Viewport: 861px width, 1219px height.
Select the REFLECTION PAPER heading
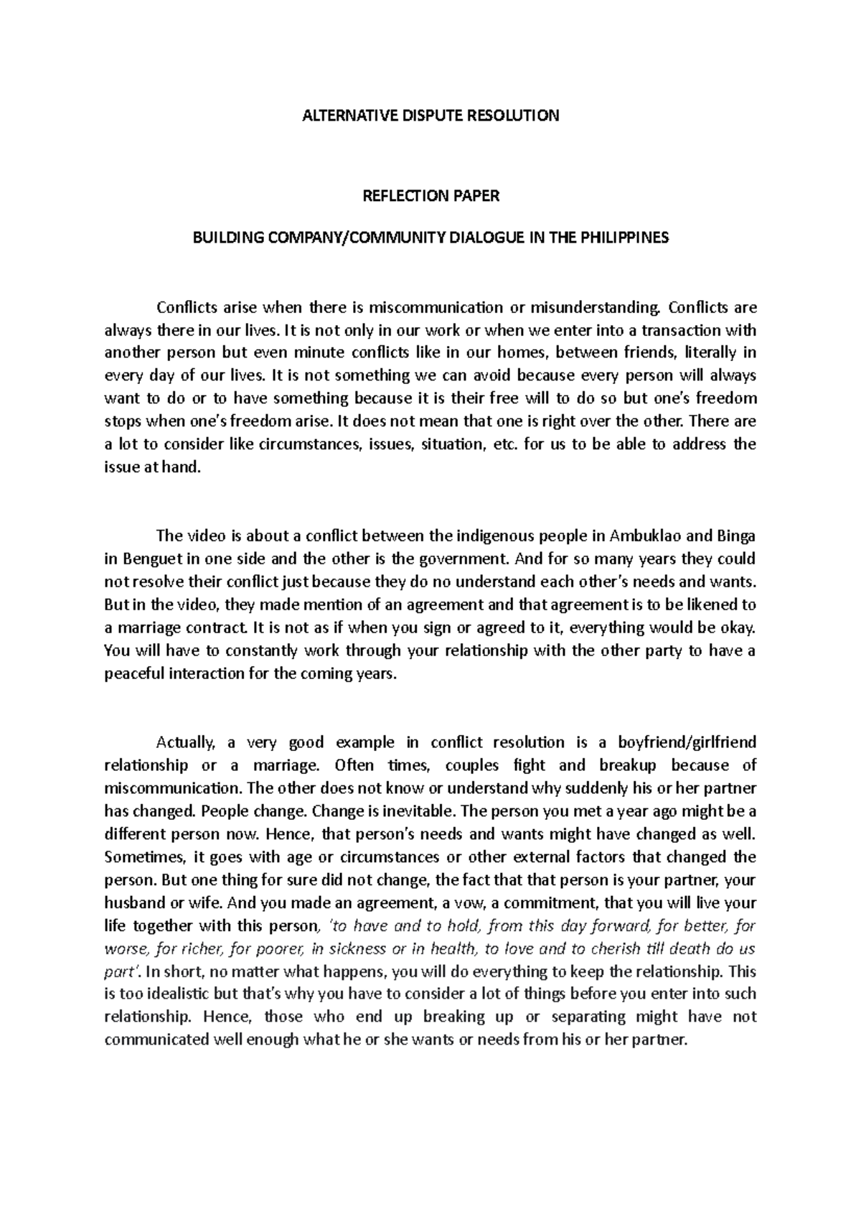[x=430, y=196]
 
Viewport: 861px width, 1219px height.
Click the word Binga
[x=735, y=536]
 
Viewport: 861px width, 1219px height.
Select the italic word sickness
[x=352, y=948]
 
